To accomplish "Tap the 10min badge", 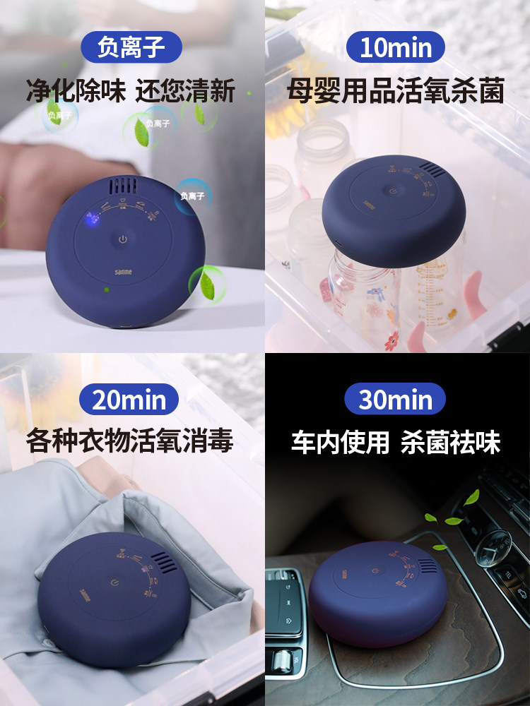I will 395,47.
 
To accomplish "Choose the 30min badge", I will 395,400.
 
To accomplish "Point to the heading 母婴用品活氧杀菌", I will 395,91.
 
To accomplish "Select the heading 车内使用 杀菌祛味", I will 396,443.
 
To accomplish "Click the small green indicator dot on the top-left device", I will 106,289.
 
